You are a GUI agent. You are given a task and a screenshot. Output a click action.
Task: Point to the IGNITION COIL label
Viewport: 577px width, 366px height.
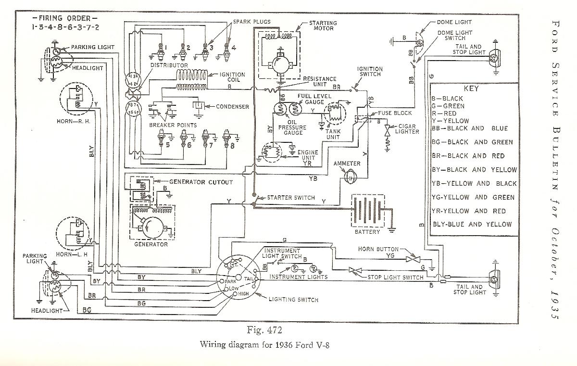[233, 77]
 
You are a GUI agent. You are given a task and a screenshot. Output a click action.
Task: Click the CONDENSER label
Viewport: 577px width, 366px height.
[233, 106]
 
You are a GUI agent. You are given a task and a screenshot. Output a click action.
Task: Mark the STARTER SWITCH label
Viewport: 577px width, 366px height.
[291, 198]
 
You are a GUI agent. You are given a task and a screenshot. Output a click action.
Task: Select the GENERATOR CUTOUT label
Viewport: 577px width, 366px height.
[201, 182]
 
